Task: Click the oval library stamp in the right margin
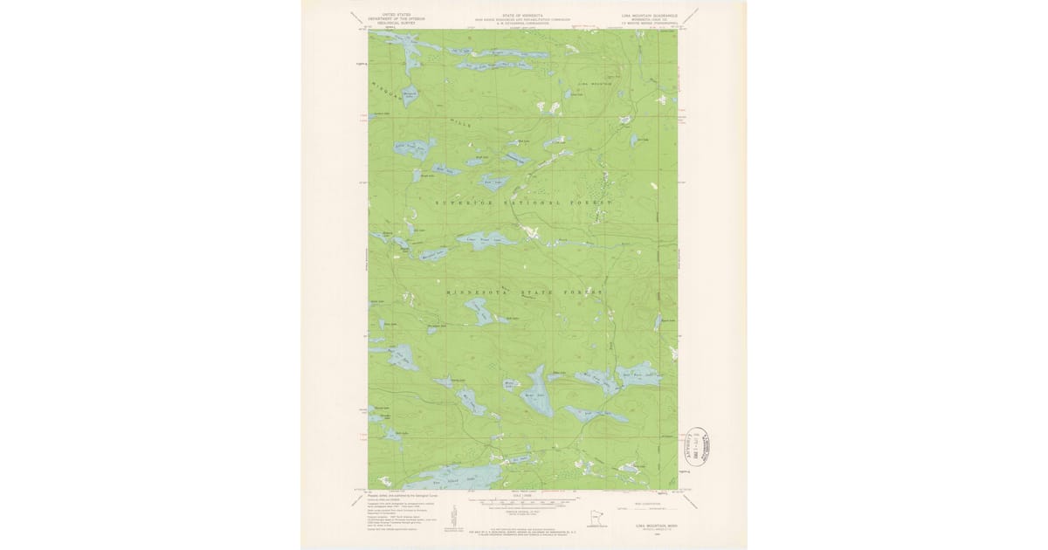pos(701,444)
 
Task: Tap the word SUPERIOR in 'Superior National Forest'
pos(463,202)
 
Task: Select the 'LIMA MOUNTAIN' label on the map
pos(596,84)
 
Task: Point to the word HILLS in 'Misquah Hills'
pos(460,123)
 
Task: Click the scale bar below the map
pos(522,502)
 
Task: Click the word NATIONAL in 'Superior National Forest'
pos(527,202)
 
